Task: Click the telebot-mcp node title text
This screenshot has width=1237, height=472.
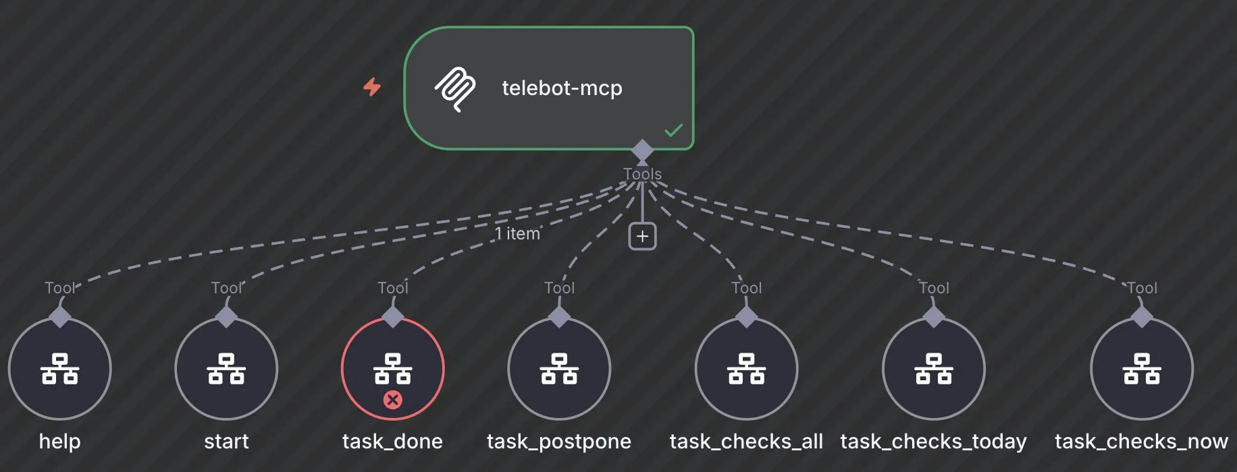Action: [x=562, y=88]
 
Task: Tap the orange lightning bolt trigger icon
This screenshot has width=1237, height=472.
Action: [x=372, y=87]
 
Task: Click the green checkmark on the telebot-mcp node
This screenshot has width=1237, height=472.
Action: [x=673, y=130]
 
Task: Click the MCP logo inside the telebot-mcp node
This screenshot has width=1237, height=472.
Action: [x=454, y=88]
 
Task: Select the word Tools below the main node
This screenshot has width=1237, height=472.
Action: [x=642, y=174]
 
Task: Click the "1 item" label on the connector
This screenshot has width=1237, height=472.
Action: [x=517, y=233]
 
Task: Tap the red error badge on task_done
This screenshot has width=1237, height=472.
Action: [x=392, y=400]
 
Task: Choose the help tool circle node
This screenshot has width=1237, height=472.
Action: [x=60, y=370]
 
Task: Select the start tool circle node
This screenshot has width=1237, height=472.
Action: [x=226, y=370]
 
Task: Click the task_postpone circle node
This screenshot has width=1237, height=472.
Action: [x=559, y=370]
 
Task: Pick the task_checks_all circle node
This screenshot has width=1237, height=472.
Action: [x=746, y=370]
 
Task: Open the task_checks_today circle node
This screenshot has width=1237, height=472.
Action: [x=934, y=370]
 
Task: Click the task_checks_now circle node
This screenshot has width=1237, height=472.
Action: [x=1142, y=370]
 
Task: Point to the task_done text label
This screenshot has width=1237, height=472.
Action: [x=392, y=441]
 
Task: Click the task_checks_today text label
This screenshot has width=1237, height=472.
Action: [x=933, y=441]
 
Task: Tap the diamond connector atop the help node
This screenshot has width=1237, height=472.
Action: [x=60, y=316]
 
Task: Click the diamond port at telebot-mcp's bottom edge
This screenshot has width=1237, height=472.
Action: [x=642, y=150]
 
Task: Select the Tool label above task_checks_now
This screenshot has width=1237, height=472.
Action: [x=1142, y=288]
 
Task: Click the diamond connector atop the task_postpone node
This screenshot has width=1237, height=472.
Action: [x=559, y=316]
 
